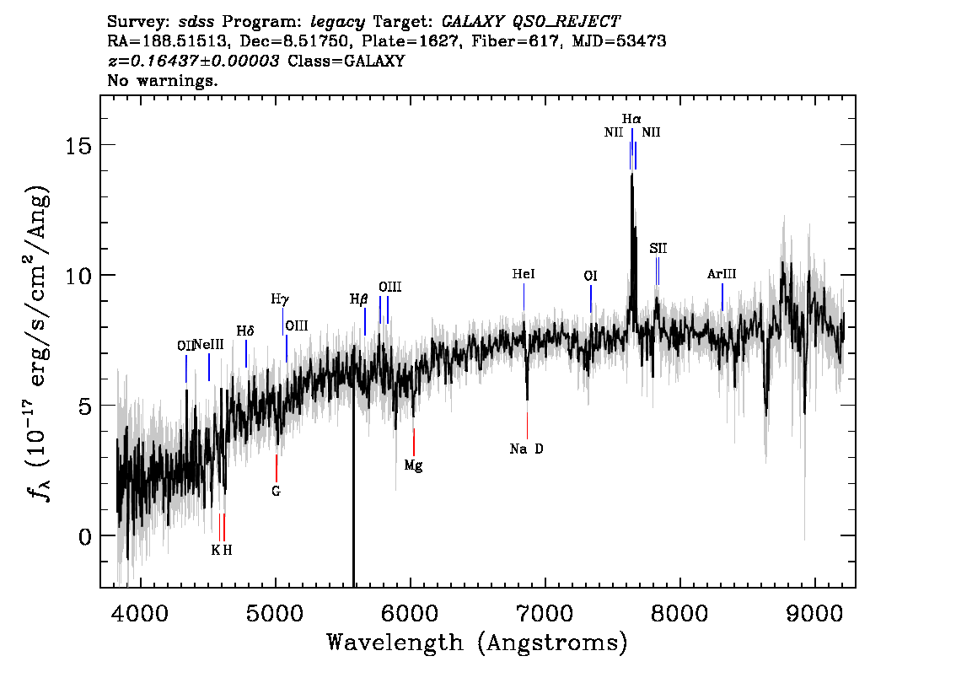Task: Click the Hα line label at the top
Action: [631, 118]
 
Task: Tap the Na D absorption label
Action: [527, 449]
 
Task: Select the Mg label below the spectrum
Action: [413, 465]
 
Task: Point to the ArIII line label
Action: [722, 274]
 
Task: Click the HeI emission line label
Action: [524, 274]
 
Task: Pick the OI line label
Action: [590, 276]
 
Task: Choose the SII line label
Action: [658, 248]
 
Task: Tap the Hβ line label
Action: [358, 299]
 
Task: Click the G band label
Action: [277, 491]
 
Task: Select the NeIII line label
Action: [208, 345]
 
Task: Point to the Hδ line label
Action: [245, 331]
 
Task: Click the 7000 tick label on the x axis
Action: [545, 613]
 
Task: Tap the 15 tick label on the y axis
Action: [78, 145]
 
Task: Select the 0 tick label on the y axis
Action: [85, 536]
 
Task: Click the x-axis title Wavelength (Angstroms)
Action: [477, 643]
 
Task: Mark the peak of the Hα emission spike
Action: [631, 173]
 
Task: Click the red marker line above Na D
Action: [528, 426]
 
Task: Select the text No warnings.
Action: [162, 80]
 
